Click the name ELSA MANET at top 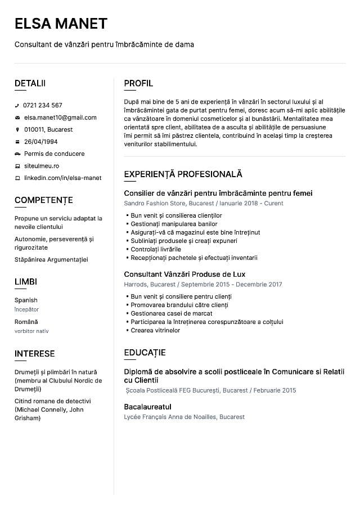[x=61, y=23]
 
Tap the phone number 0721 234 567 [x=43, y=105]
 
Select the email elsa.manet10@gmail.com [x=60, y=118]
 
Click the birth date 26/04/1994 [x=40, y=142]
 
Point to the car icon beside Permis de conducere [x=17, y=154]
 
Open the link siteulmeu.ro [x=42, y=166]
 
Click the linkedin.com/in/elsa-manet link [x=62, y=178]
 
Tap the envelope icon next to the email [x=17, y=118]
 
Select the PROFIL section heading [x=138, y=83]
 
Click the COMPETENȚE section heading [x=43, y=200]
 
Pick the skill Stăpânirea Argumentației [x=51, y=259]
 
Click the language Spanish [x=26, y=300]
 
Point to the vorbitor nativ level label [x=31, y=331]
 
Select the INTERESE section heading [x=34, y=354]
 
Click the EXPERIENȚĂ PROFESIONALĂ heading [x=183, y=174]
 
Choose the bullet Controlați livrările [x=156, y=249]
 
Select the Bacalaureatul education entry [x=147, y=407]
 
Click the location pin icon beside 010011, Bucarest [x=17, y=129]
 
